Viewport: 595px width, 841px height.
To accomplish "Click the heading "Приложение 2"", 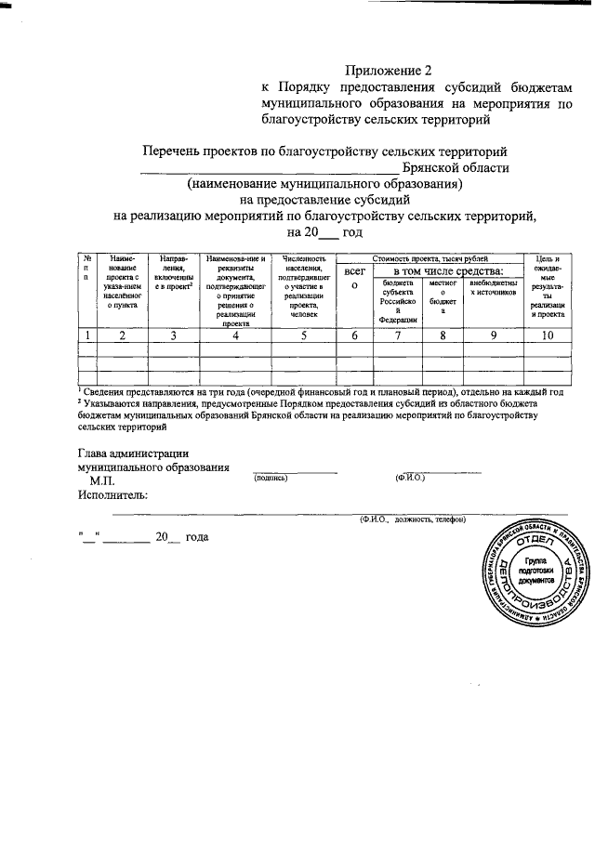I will point(390,70).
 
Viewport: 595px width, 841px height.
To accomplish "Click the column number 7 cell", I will point(396,336).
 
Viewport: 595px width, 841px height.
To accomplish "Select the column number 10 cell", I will point(546,336).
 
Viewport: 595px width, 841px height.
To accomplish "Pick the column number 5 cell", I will point(303,336).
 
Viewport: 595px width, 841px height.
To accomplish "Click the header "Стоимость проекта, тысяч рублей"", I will point(429,257).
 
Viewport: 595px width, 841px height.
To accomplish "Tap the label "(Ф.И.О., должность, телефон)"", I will point(413,519).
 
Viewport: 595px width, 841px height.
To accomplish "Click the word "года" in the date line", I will point(197,537).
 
